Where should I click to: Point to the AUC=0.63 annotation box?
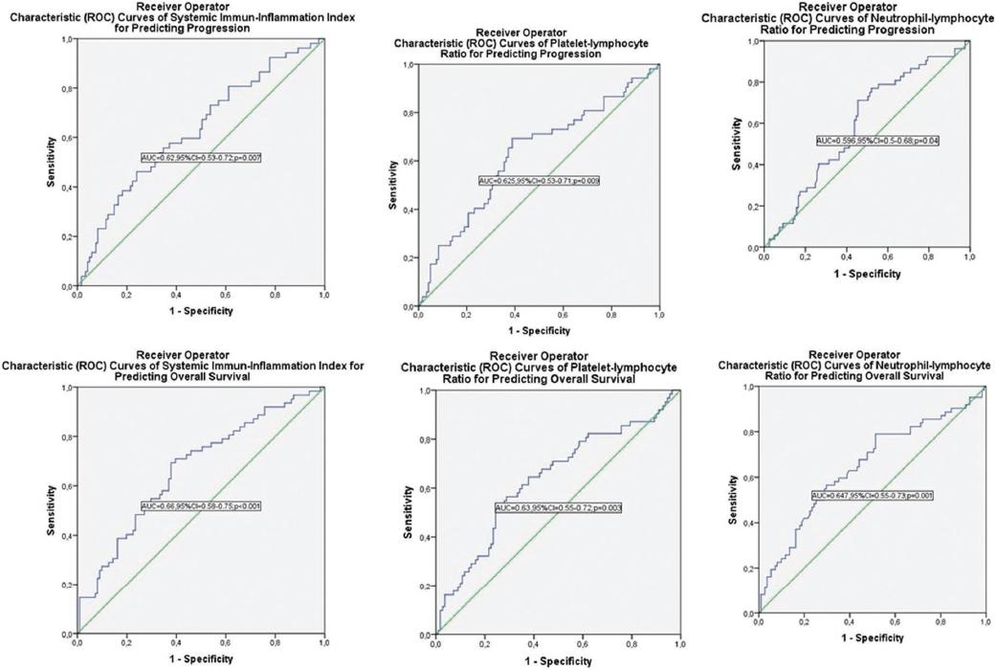(x=558, y=507)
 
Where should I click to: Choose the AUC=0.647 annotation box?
(x=872, y=496)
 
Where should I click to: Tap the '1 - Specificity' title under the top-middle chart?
(x=538, y=330)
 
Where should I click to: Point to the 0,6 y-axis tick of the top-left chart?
(x=66, y=138)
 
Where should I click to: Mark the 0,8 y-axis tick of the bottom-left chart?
(x=66, y=437)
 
